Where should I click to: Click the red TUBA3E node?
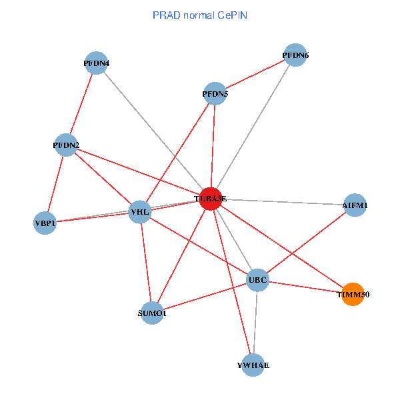click(x=211, y=199)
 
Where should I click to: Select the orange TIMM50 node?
click(x=353, y=294)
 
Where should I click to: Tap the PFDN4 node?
click(x=97, y=63)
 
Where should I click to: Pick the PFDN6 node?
click(x=295, y=55)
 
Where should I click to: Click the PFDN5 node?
click(x=215, y=94)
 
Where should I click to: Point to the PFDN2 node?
click(x=66, y=145)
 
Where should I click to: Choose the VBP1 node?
click(x=45, y=223)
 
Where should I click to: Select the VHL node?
click(x=140, y=213)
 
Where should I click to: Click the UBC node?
click(x=257, y=280)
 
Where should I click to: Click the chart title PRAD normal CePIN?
click(x=200, y=14)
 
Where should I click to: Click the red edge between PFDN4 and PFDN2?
click(x=81, y=104)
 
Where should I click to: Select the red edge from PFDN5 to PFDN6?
click(x=255, y=75)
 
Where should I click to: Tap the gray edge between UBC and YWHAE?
click(x=255, y=323)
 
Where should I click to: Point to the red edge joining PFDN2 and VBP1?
click(x=56, y=183)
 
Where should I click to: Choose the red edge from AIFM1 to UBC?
click(x=306, y=242)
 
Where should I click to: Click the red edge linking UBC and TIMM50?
click(x=305, y=287)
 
